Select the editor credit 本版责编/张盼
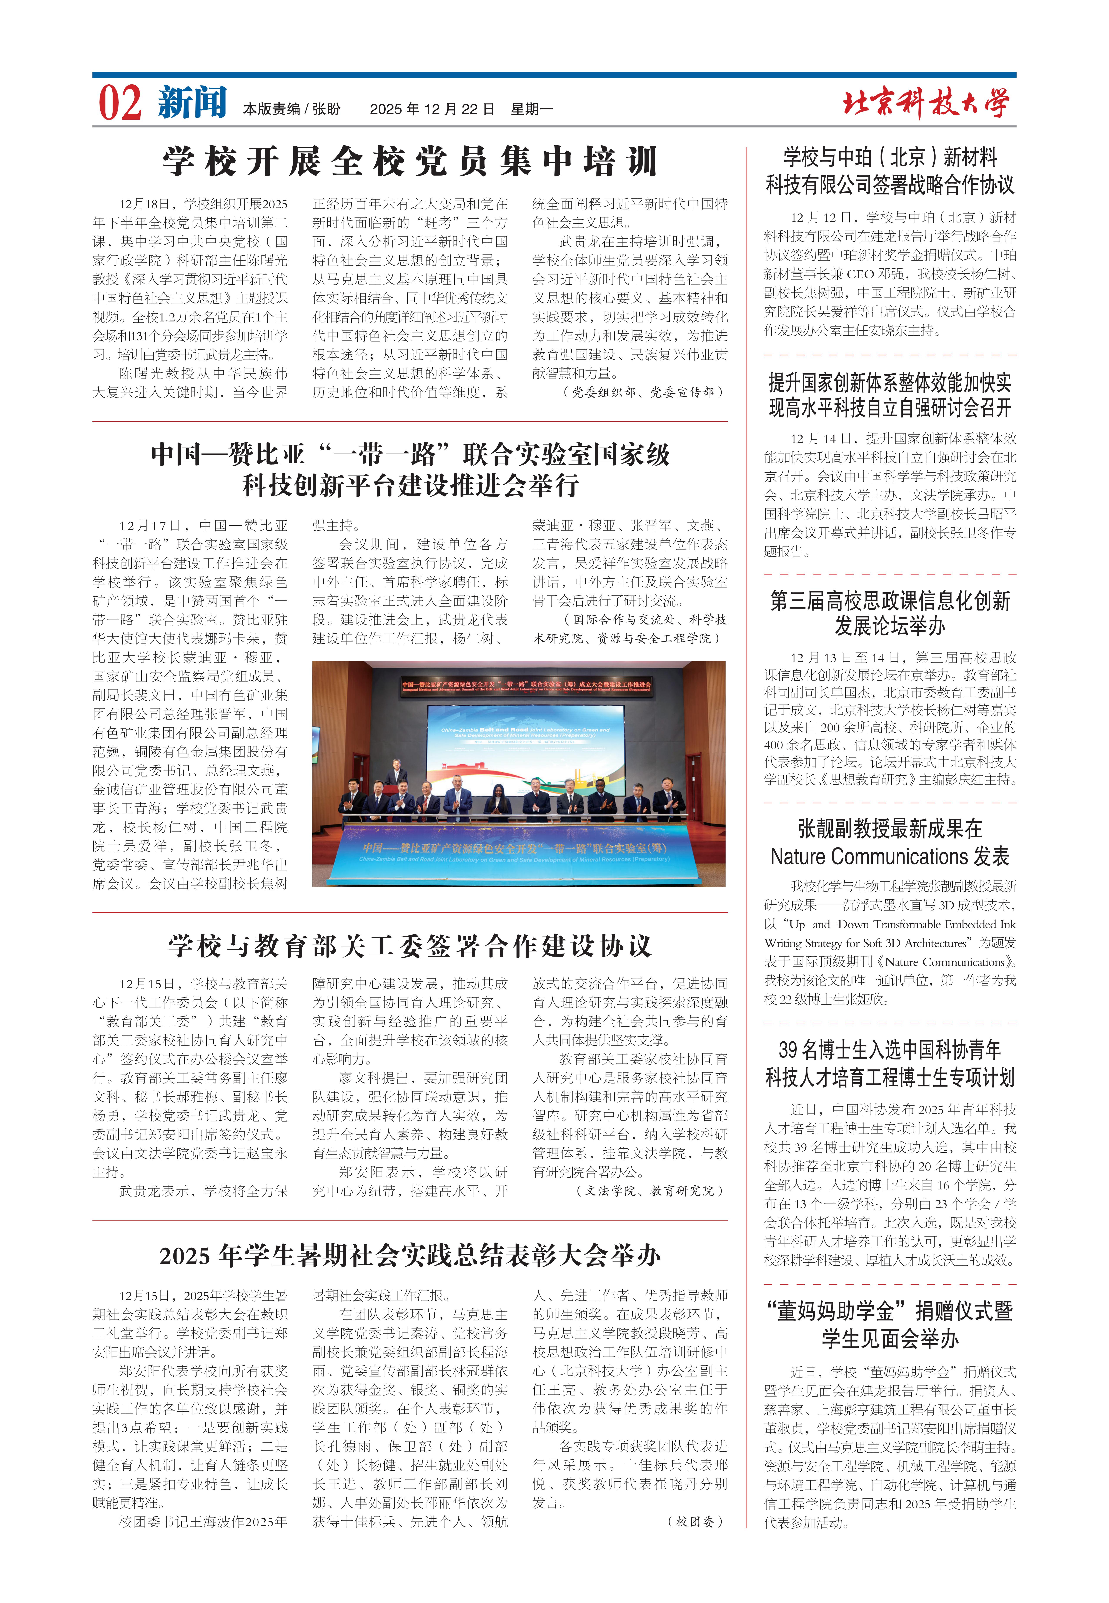click(x=292, y=109)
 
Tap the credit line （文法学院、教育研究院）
click(x=650, y=1191)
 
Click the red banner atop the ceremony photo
click(x=526, y=686)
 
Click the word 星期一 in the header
click(x=532, y=109)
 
